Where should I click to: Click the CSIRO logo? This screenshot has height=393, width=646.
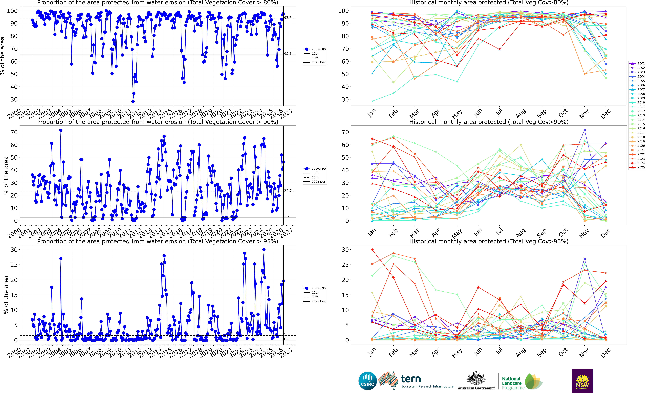368,381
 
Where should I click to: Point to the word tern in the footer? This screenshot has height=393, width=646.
411,379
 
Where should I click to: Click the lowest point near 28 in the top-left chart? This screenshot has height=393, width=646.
133,101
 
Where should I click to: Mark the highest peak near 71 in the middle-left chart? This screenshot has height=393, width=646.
61,130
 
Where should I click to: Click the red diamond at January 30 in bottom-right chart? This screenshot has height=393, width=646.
372,250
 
